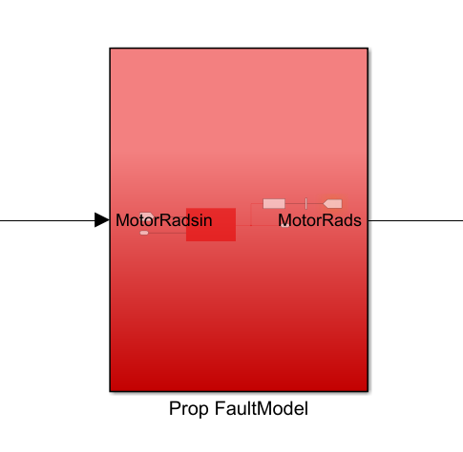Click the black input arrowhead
click(x=102, y=220)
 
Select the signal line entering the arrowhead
click(x=48, y=220)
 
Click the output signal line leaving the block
click(x=415, y=220)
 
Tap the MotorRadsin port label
click(x=163, y=220)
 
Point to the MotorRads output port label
click(x=320, y=220)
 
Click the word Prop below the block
click(x=189, y=409)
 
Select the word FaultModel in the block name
click(x=262, y=408)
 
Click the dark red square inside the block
click(x=211, y=224)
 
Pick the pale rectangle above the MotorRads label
click(x=274, y=204)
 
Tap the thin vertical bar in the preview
click(x=305, y=203)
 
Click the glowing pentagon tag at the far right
click(x=332, y=204)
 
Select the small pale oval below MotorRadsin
click(x=144, y=233)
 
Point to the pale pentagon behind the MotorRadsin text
click(x=147, y=216)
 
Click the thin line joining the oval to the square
click(x=167, y=233)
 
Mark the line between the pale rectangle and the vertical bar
click(x=295, y=204)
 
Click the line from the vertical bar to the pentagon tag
click(x=315, y=203)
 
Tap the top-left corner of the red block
click(x=110, y=49)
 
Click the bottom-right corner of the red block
click(x=368, y=391)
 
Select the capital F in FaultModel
click(x=220, y=408)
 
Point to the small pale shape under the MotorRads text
click(x=285, y=225)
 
